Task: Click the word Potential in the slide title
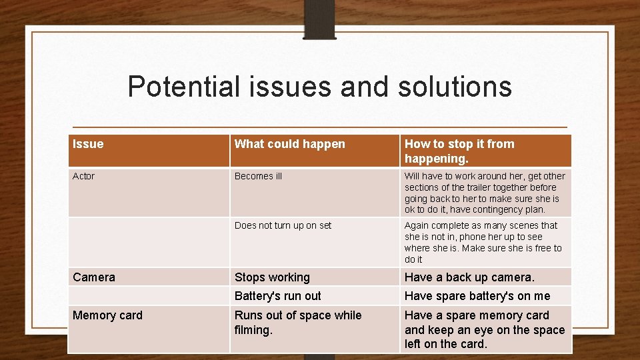point(184,87)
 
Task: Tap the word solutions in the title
point(455,87)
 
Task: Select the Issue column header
point(88,144)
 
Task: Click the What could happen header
point(290,144)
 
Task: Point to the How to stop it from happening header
point(459,151)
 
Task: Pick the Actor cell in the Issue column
point(83,176)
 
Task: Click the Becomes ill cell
point(258,176)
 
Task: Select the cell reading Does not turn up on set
point(283,225)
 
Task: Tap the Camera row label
point(94,277)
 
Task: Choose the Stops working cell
point(272,277)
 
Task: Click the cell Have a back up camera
point(469,277)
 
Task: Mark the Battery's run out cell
point(277,296)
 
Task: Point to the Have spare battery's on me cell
point(477,296)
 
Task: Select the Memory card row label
point(107,315)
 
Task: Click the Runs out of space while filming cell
point(298,323)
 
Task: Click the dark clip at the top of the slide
point(319,19)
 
